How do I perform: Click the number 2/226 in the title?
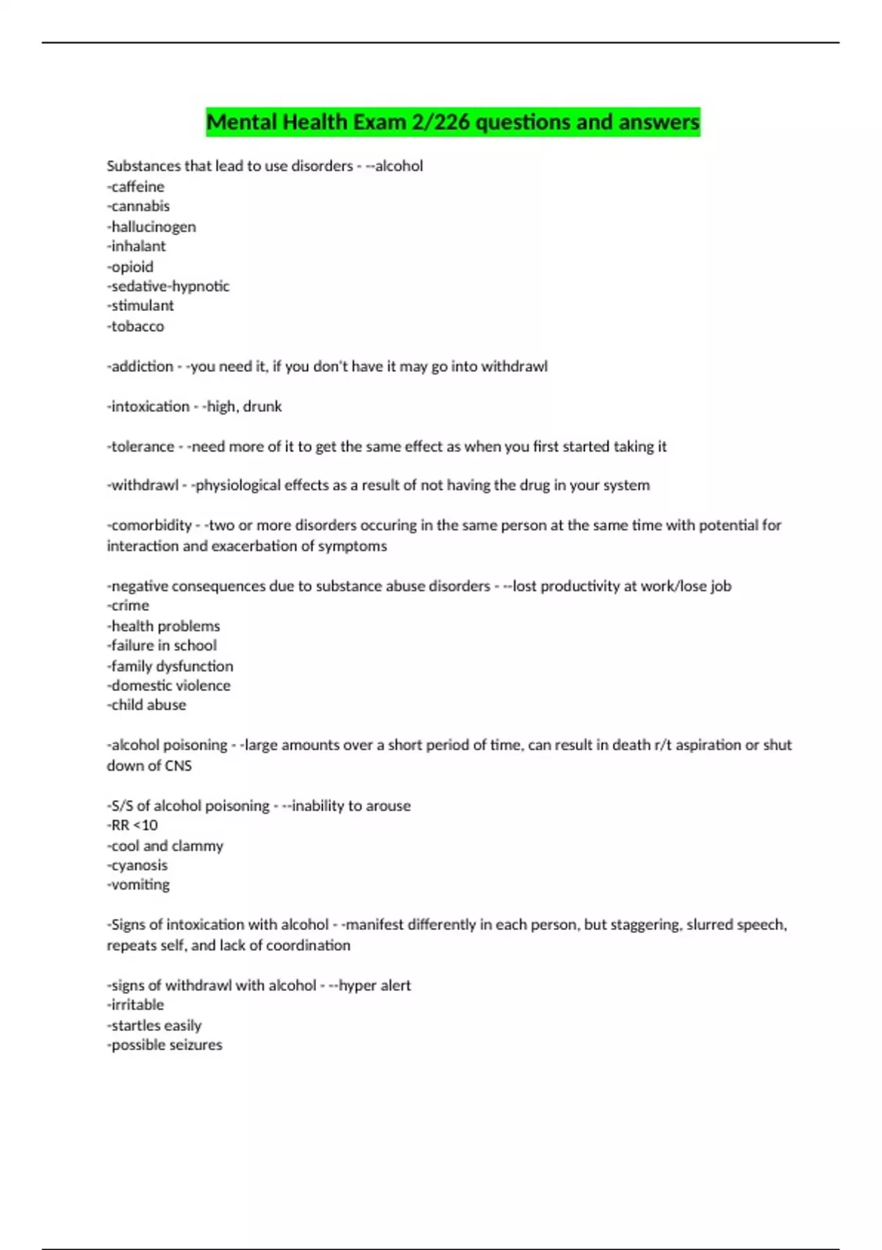[440, 122]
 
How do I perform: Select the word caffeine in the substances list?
[137, 187]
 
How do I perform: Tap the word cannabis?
[140, 207]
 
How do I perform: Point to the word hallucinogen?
[154, 226]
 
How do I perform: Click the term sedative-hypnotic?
[170, 286]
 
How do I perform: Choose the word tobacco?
[137, 326]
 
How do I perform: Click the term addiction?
[142, 366]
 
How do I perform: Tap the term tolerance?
[143, 446]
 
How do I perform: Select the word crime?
[130, 606]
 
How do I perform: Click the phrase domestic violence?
[171, 685]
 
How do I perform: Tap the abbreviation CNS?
[178, 765]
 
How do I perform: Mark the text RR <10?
[134, 825]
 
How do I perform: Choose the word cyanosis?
[139, 865]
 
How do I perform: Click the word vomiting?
[140, 885]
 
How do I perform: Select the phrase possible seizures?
[166, 1045]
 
